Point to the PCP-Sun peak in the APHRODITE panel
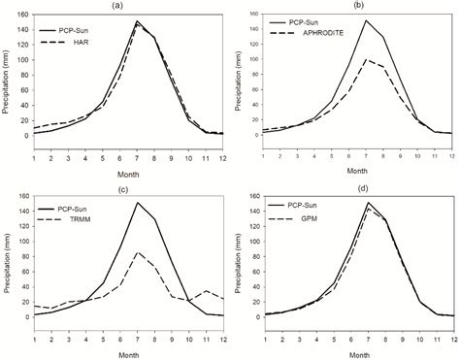pyautogui.click(x=365, y=20)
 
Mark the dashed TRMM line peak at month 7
pyautogui.click(x=138, y=252)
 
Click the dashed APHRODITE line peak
pyautogui.click(x=365, y=59)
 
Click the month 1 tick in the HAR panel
pyautogui.click(x=33, y=149)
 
